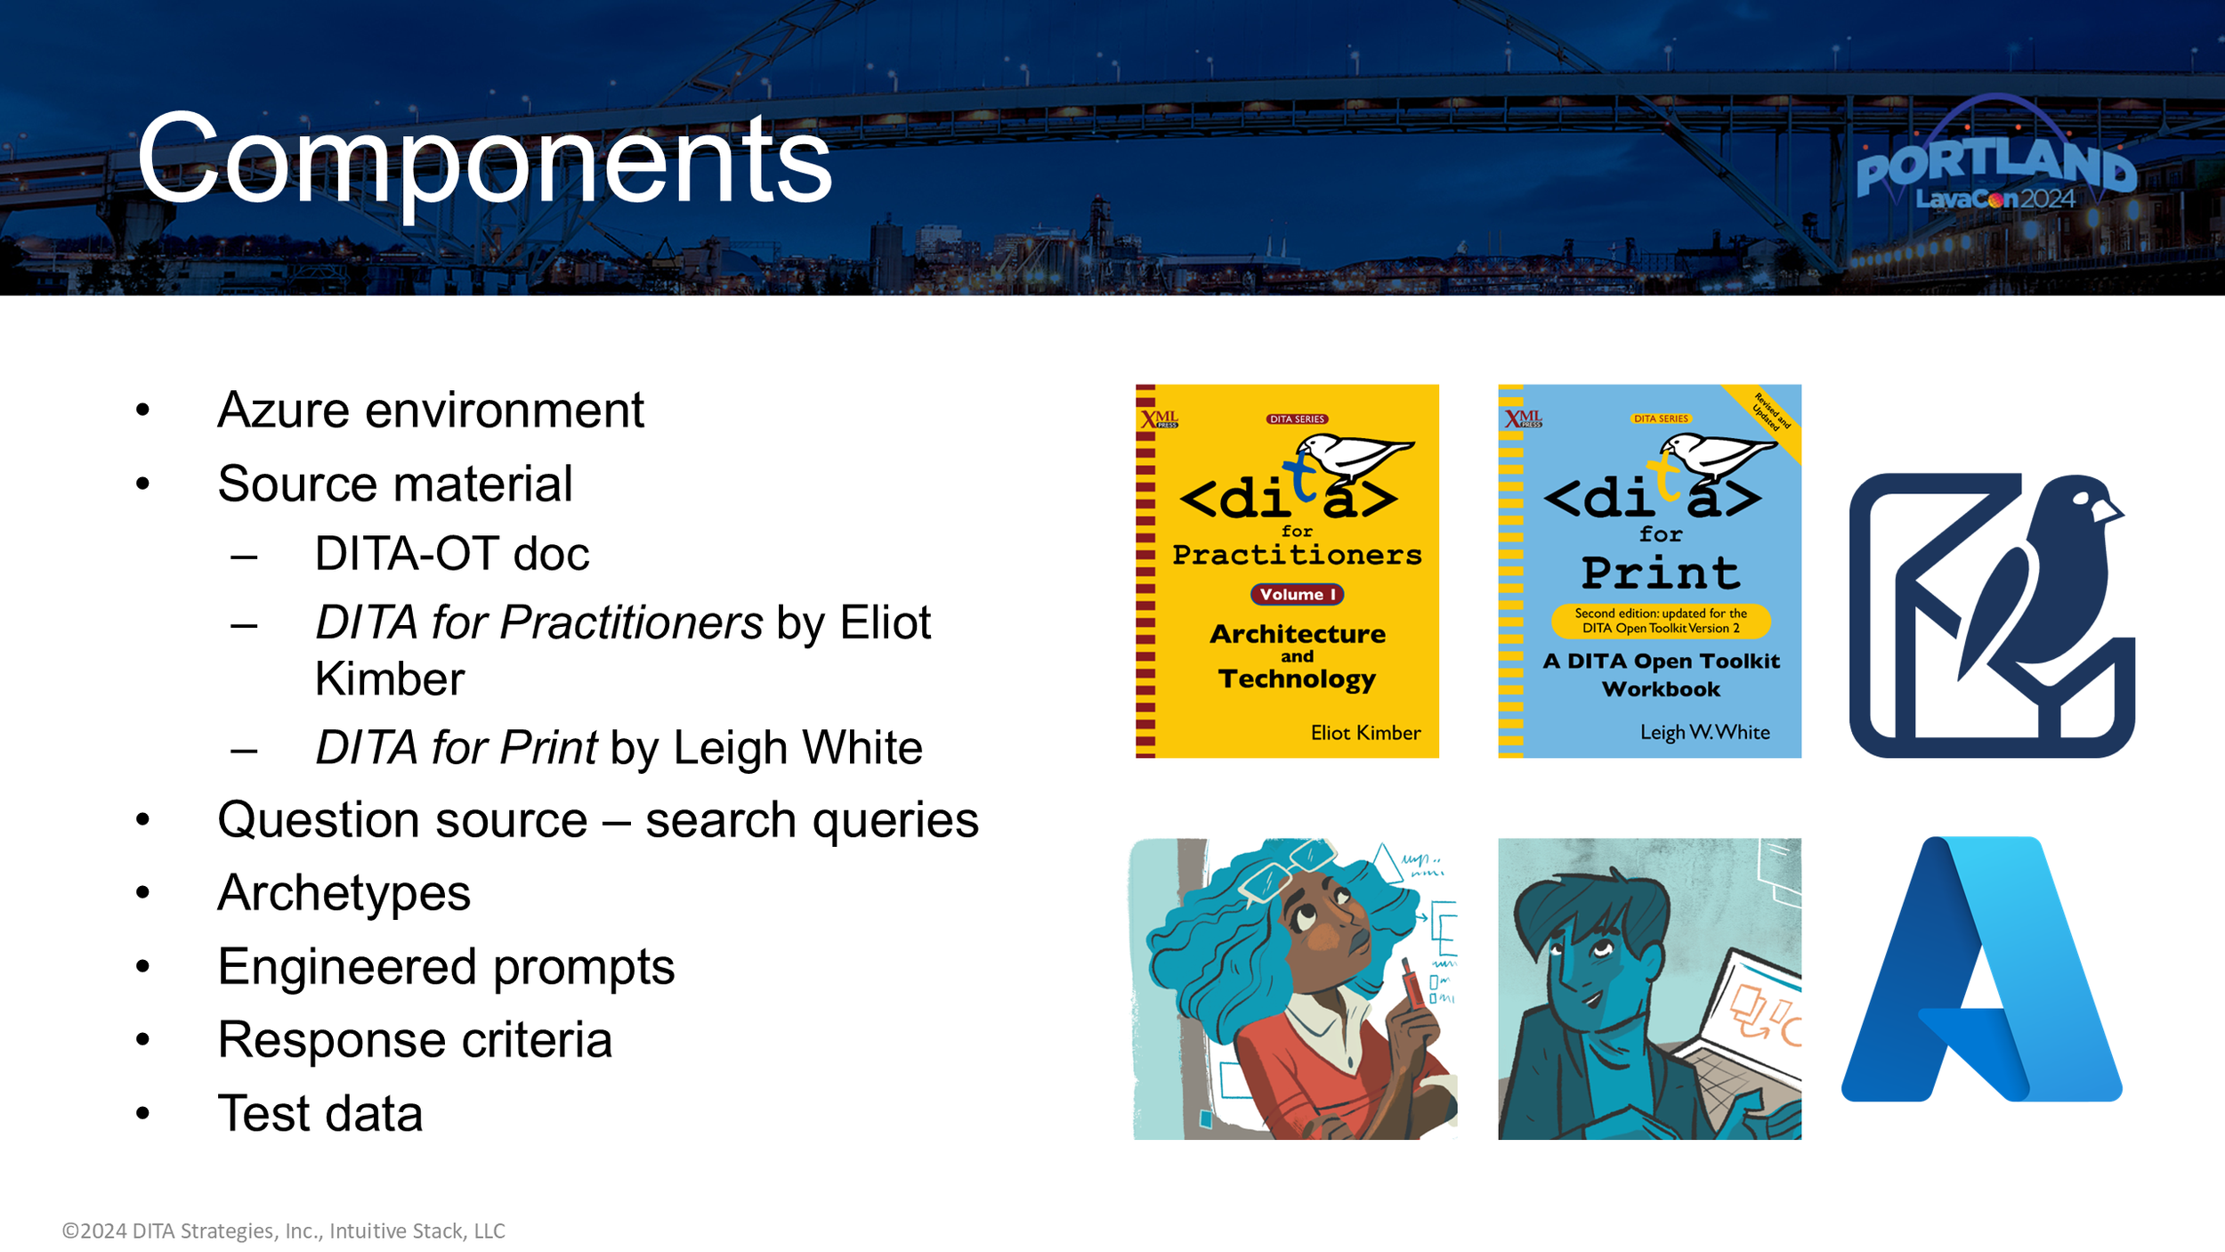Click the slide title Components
click(x=484, y=160)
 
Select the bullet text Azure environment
click(x=430, y=411)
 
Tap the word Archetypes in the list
click(x=344, y=893)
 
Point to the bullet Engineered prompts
click(x=445, y=967)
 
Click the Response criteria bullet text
click(x=415, y=1040)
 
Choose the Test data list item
click(x=320, y=1114)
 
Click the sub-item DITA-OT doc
click(x=451, y=554)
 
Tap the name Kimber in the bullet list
click(x=390, y=679)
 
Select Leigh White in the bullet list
click(x=797, y=748)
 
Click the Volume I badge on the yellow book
click(x=1297, y=594)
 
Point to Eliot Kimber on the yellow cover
click(x=1365, y=733)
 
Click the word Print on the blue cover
click(x=1660, y=573)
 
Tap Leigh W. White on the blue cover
click(x=1704, y=732)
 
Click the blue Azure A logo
click(x=1981, y=971)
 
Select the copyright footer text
click(x=283, y=1231)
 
